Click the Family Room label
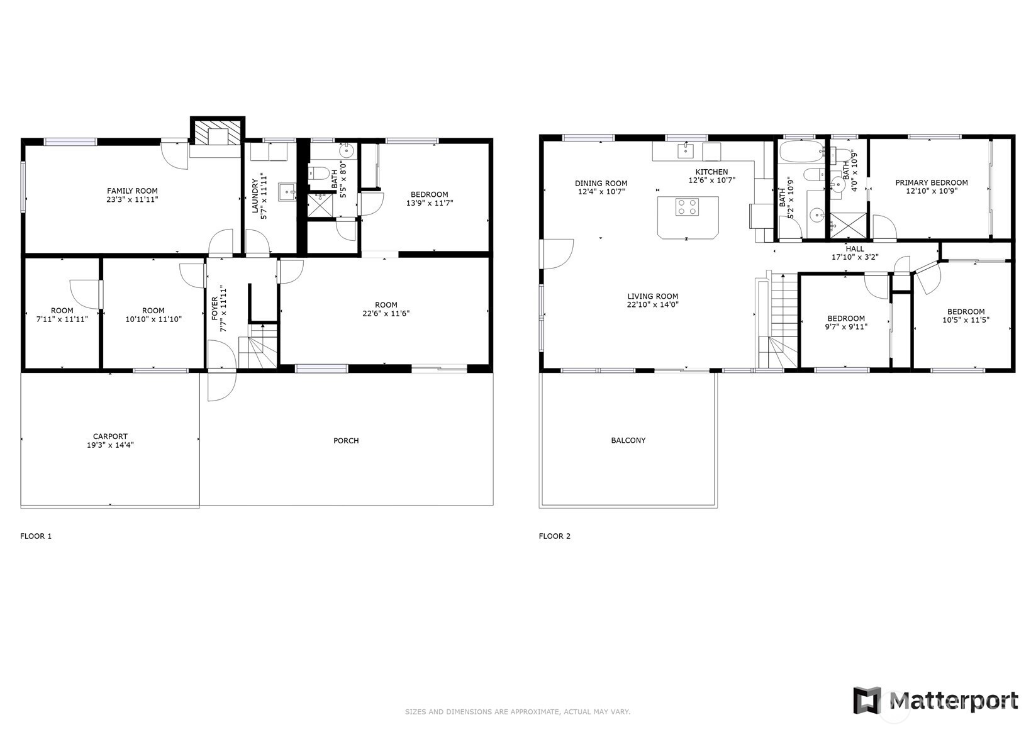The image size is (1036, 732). [132, 191]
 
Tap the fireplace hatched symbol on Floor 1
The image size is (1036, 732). [218, 133]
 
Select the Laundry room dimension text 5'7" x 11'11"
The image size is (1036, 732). [264, 196]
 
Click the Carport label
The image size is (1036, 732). [110, 436]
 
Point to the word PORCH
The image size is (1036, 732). [346, 441]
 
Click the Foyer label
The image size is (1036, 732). [214, 308]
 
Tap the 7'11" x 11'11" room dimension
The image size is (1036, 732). [62, 319]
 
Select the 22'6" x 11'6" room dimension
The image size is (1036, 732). [386, 314]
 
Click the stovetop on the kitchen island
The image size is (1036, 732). [687, 207]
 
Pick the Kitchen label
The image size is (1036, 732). [711, 172]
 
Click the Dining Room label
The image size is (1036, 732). [601, 184]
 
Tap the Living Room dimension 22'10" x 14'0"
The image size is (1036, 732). [652, 305]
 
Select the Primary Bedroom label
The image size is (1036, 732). [932, 182]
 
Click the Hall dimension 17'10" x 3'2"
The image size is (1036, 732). [855, 257]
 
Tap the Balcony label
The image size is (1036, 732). [628, 441]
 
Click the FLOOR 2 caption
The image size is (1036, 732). [555, 536]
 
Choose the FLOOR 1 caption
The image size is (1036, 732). [36, 536]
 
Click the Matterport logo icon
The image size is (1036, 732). [867, 700]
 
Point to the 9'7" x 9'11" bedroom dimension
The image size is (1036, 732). [846, 327]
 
